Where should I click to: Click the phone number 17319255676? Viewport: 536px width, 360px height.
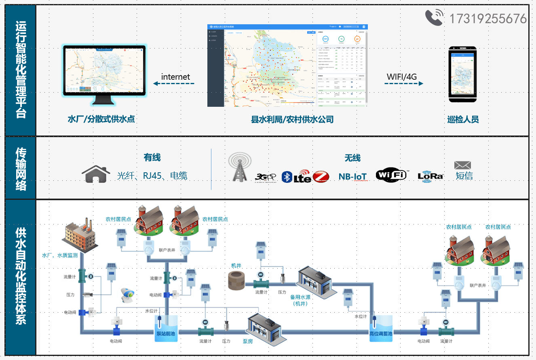488,19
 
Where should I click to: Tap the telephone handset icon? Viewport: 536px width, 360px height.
434,18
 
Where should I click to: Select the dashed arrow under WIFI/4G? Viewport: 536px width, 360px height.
403,84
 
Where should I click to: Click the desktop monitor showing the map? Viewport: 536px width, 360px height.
104,75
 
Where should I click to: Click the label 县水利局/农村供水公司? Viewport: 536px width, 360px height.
292,119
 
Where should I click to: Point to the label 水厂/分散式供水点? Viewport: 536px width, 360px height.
101,119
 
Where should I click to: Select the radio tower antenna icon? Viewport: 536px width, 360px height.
240,167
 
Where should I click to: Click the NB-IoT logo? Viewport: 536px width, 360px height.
352,176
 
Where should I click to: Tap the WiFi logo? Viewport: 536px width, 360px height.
390,175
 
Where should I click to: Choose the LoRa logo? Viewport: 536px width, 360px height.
430,176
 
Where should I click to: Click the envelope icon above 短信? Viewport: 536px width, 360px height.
463,165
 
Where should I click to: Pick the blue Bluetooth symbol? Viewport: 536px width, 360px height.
287,177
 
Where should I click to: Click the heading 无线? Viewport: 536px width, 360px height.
352,158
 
